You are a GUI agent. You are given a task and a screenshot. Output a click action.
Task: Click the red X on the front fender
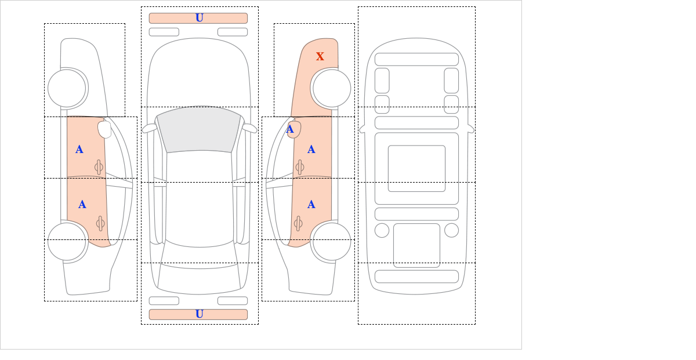click(320, 57)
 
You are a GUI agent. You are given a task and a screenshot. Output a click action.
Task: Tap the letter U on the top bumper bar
click(200, 18)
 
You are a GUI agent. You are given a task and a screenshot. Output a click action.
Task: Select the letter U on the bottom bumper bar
click(200, 314)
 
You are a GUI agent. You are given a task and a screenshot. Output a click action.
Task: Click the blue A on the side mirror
click(290, 129)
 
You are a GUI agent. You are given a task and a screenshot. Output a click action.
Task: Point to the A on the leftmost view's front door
click(79, 150)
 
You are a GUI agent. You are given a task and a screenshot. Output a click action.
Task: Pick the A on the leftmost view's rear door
click(82, 205)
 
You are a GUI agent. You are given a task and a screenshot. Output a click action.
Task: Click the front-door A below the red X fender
click(311, 150)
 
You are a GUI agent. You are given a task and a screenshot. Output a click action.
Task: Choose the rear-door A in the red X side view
click(311, 205)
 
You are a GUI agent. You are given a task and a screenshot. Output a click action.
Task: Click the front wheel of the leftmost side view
click(67, 88)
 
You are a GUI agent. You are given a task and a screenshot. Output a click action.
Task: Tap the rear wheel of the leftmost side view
click(67, 241)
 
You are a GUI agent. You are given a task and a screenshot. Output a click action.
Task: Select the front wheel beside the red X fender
click(332, 88)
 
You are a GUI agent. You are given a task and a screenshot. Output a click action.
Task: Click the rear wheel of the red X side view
click(332, 241)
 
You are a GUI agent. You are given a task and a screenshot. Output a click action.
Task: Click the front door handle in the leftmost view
click(99, 168)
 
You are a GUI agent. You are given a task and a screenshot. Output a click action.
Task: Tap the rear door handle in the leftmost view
click(100, 223)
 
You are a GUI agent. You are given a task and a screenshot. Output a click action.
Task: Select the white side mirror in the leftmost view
click(105, 129)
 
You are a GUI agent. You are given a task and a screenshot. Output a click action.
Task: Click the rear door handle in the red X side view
click(298, 223)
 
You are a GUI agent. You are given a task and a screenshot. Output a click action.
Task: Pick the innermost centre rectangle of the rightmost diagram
click(416, 168)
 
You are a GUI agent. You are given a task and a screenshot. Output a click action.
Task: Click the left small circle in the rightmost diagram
click(382, 231)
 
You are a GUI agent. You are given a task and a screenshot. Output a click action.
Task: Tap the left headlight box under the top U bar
click(164, 32)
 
